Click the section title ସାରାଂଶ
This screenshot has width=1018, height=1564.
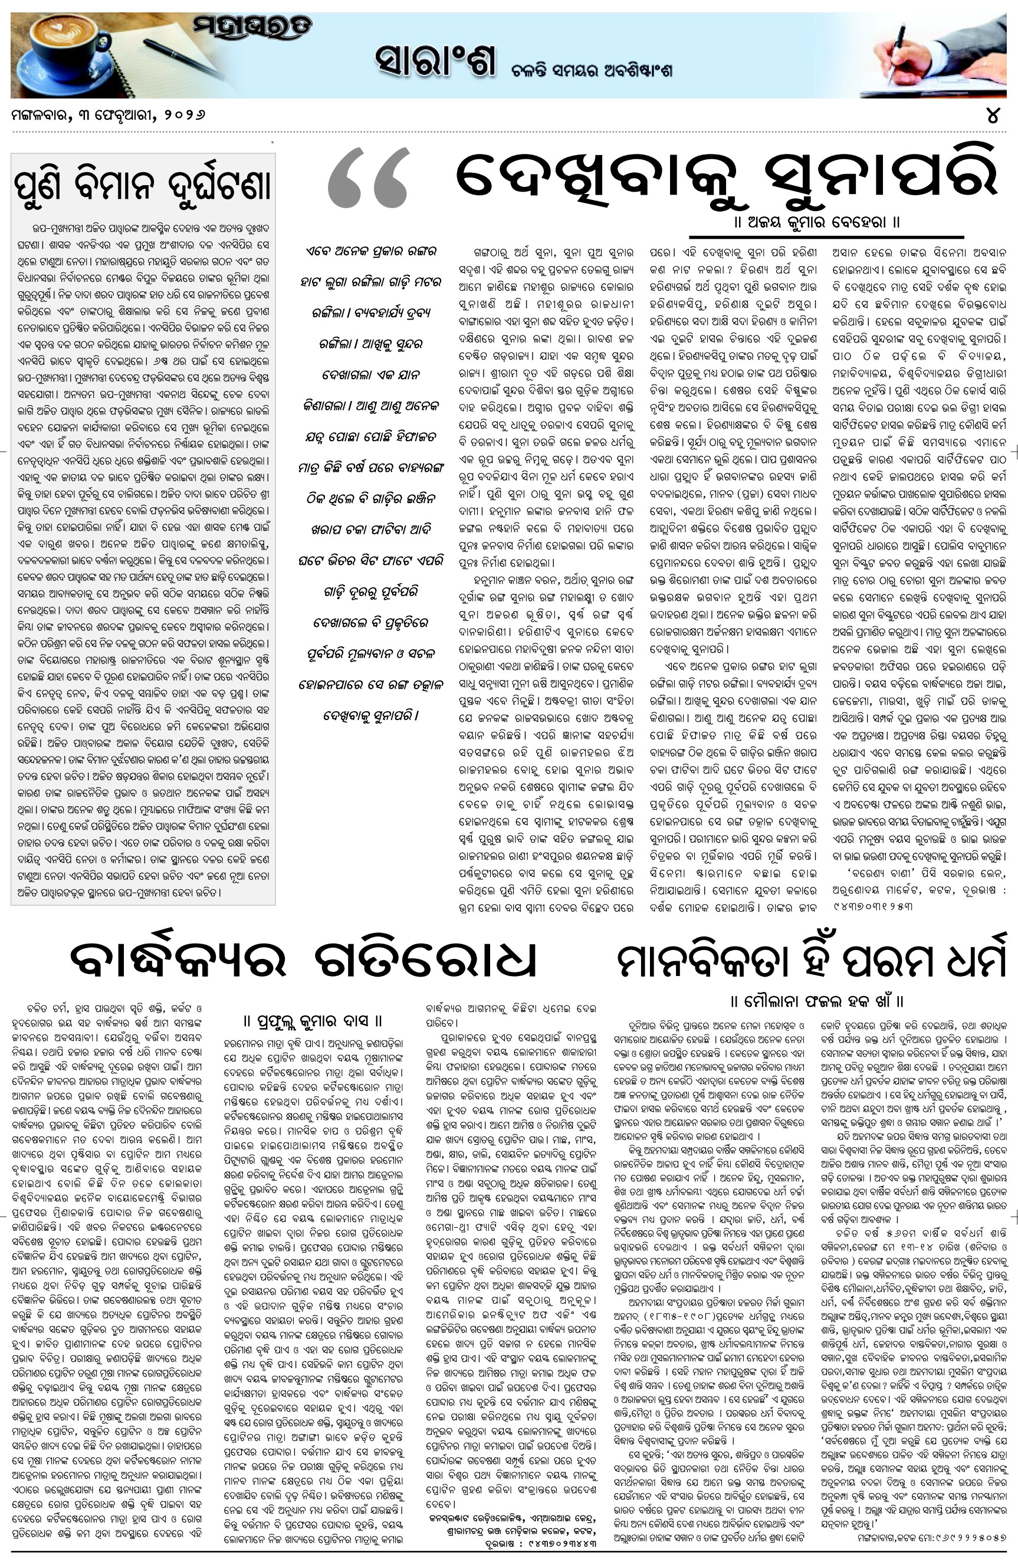click(434, 61)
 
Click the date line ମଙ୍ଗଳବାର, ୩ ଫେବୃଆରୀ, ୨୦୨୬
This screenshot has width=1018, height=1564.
click(109, 115)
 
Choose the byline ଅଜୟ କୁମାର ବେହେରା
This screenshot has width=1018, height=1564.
click(817, 222)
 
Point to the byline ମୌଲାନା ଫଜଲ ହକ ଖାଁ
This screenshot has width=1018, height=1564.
click(817, 1001)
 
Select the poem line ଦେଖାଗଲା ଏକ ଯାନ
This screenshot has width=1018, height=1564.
click(372, 375)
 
